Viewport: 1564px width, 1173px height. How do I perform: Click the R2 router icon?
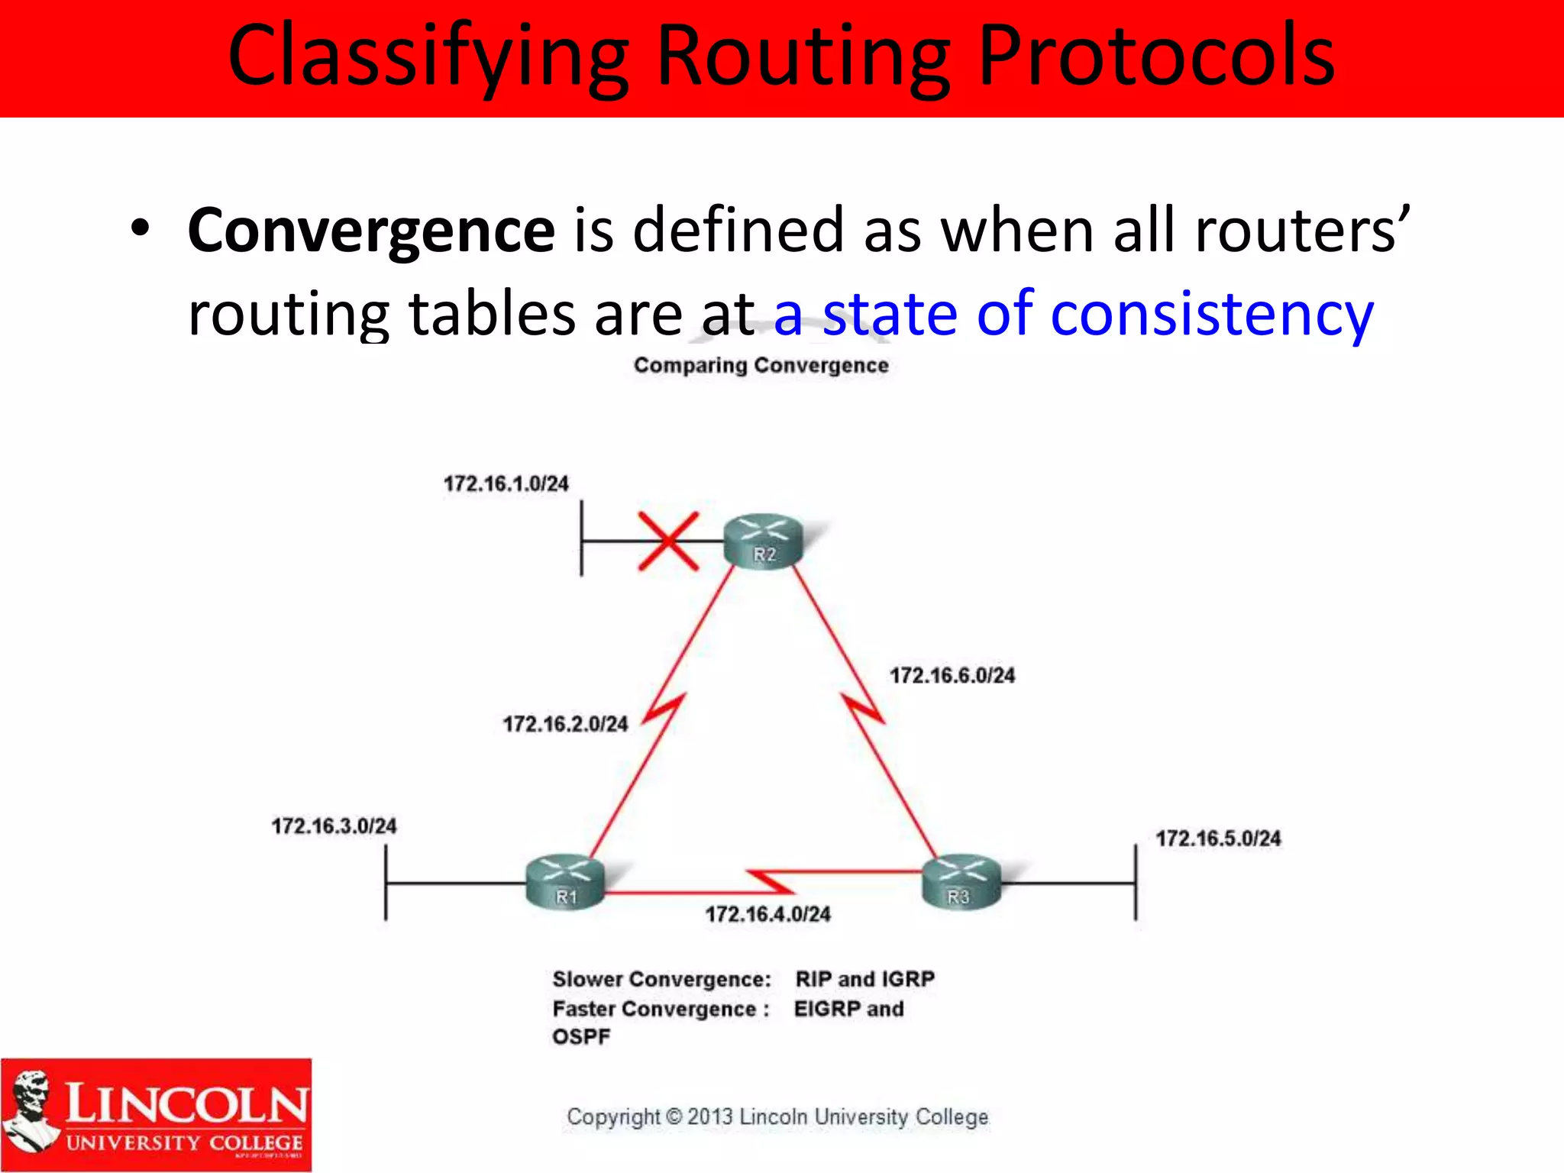coord(764,541)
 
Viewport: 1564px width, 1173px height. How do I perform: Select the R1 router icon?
coord(565,884)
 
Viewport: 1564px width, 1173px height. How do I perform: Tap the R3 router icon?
coord(961,884)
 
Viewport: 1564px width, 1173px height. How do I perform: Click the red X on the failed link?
coord(668,541)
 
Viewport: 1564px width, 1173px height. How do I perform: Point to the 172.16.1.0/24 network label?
coord(506,484)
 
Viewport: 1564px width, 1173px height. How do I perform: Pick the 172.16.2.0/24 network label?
coord(565,724)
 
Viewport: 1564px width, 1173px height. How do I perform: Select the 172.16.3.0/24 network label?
coord(334,826)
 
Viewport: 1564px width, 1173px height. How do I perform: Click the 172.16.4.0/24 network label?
coord(767,914)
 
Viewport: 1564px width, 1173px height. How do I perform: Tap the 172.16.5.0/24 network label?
coord(1218,839)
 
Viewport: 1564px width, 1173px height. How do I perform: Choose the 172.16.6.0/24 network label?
coord(952,675)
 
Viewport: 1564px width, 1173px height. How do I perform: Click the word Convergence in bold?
coord(371,231)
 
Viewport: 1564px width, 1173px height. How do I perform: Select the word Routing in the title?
coord(803,57)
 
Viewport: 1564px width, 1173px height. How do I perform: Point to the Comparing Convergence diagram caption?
coord(761,365)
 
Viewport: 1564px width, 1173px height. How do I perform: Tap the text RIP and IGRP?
coord(864,979)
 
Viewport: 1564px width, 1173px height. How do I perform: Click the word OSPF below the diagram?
coord(581,1037)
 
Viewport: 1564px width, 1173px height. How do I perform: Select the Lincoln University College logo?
coord(157,1115)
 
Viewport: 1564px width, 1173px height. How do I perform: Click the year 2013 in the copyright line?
coord(709,1117)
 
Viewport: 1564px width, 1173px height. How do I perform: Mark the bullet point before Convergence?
coord(140,228)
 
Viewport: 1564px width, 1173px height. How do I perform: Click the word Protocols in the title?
coord(1156,57)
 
